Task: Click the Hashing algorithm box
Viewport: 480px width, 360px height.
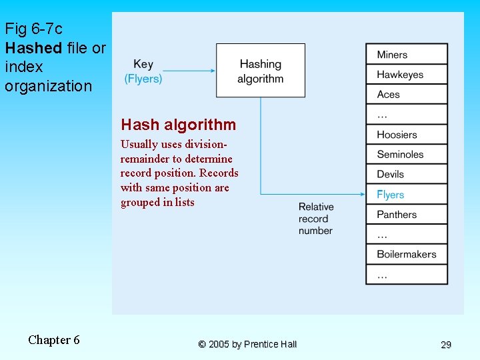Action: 260,71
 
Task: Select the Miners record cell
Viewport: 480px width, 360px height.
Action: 406,55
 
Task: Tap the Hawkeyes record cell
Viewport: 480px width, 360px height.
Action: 406,75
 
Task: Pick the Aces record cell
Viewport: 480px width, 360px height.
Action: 406,95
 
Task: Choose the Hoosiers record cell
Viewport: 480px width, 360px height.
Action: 406,135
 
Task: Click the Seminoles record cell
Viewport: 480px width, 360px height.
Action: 406,155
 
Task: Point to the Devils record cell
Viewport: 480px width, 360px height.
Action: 406,175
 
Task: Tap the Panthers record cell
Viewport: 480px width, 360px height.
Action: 406,215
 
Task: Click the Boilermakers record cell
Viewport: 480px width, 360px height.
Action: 406,254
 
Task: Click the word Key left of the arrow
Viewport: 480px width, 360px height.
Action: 143,65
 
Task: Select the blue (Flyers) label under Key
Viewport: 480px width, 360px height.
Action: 143,79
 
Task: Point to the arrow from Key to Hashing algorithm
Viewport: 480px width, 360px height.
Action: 189,71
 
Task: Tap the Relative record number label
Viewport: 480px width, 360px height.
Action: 316,219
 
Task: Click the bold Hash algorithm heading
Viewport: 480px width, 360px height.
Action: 178,125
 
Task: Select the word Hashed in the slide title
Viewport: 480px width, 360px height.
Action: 33,48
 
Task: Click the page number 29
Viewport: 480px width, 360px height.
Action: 446,345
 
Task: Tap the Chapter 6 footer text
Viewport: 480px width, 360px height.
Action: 54,340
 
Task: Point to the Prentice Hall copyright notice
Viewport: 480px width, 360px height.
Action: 247,344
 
